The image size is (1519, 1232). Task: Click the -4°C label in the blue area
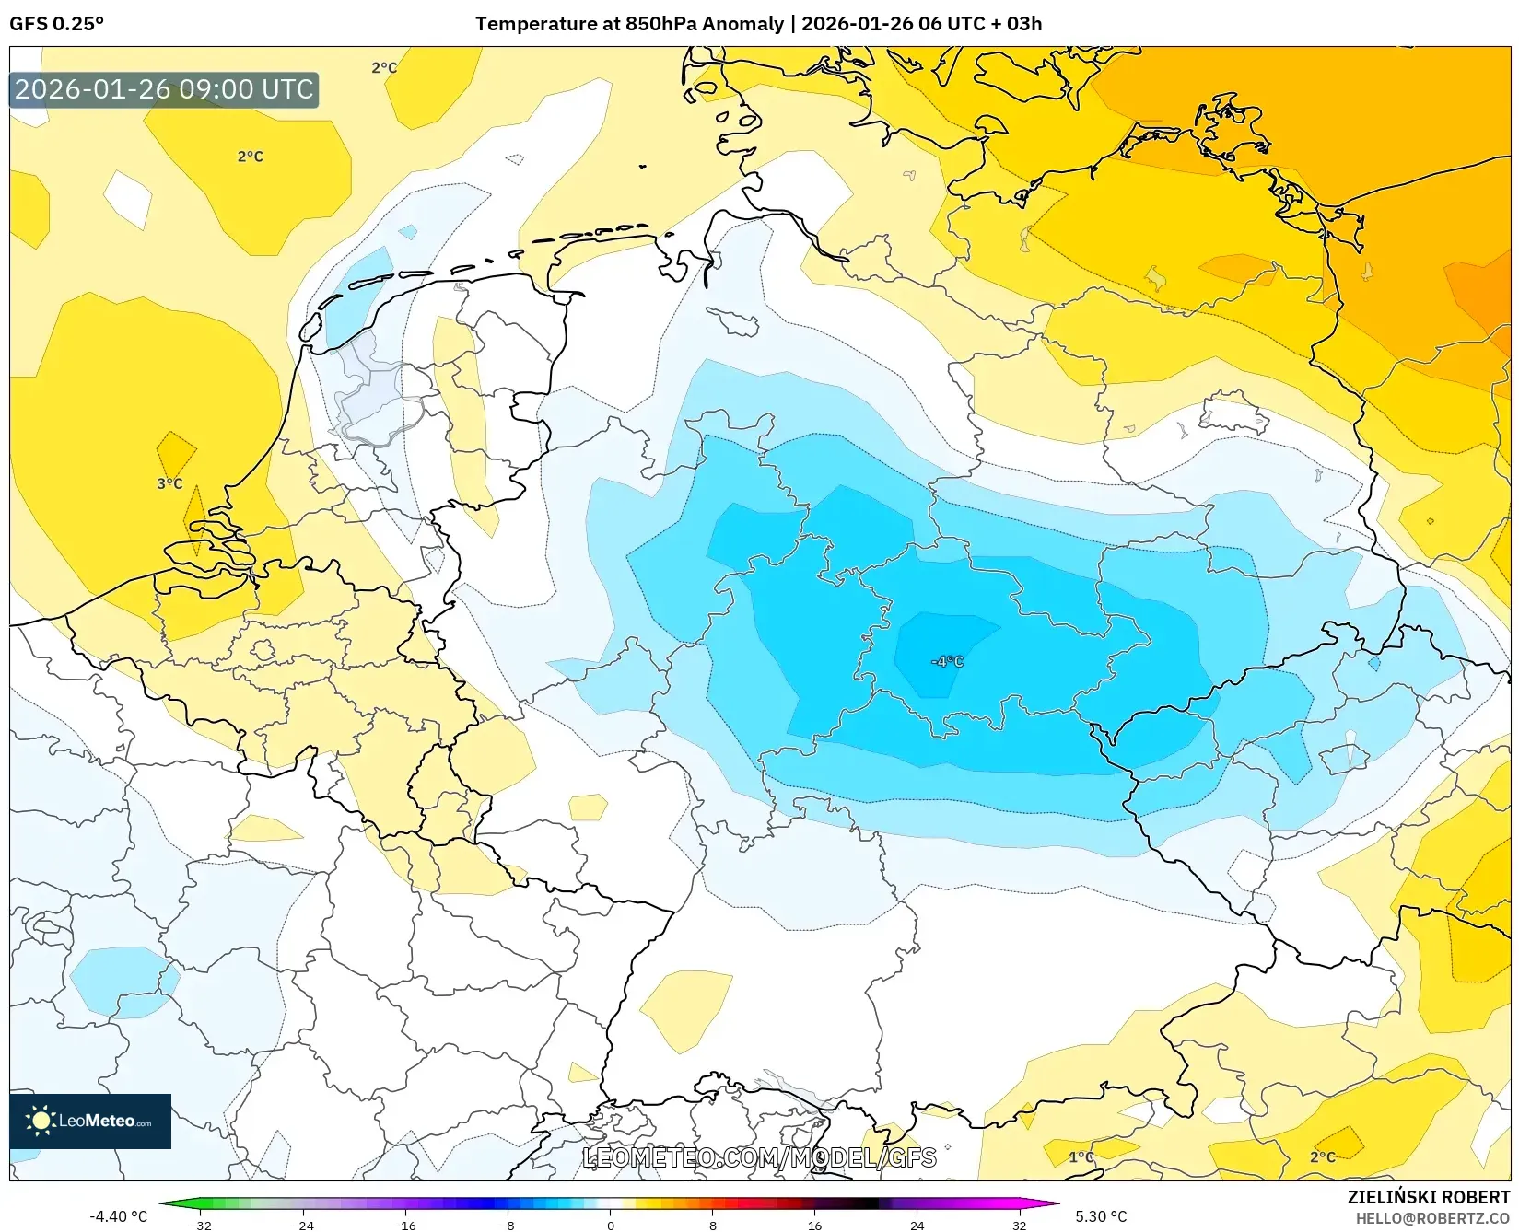pos(947,661)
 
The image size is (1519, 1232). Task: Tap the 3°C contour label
pos(169,483)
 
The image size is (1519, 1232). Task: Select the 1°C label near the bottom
pos(1081,1156)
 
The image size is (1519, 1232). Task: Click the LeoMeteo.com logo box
pos(90,1121)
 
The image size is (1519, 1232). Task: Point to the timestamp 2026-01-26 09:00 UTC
pos(164,89)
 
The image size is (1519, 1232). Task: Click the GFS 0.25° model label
pos(56,24)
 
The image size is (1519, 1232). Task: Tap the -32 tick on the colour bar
pos(200,1225)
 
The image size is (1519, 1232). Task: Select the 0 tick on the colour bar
pos(610,1225)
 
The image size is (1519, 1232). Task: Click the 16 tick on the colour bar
pos(814,1225)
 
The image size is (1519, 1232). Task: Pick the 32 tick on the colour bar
pos(1019,1225)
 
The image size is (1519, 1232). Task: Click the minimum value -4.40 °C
pos(118,1216)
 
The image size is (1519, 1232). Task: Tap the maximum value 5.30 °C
pos(1101,1216)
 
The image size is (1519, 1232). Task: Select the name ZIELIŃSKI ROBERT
pos(1429,1197)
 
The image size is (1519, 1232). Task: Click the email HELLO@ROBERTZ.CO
pos(1432,1218)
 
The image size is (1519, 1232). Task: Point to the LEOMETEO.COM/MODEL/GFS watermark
pos(760,1157)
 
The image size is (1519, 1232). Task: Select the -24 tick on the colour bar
pos(302,1225)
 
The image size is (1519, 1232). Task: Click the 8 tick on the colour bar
pos(712,1225)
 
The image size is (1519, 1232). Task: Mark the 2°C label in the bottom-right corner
pos(1323,1156)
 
